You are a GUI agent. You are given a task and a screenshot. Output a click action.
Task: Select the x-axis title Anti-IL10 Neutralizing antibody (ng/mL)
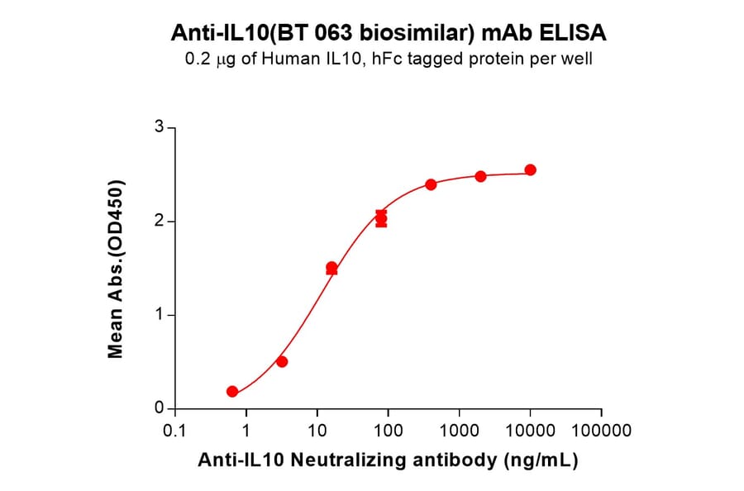[388, 460]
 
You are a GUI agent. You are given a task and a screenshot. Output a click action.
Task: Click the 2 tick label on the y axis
[160, 222]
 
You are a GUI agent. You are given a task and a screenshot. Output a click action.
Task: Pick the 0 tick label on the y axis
[160, 408]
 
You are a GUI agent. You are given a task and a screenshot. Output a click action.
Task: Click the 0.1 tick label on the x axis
[174, 431]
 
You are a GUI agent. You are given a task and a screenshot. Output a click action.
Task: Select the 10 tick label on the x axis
[317, 431]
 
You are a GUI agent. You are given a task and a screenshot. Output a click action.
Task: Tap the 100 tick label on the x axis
[388, 431]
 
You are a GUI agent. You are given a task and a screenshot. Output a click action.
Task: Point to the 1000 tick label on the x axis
[459, 431]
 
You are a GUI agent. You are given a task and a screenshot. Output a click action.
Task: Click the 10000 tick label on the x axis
[530, 431]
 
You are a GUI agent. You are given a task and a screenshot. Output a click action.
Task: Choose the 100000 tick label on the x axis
[601, 431]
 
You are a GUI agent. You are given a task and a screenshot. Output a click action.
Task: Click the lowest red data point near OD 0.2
[232, 392]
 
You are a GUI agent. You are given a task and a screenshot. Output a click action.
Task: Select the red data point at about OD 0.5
[282, 362]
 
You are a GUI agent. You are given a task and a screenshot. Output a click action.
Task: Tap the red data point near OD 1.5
[331, 268]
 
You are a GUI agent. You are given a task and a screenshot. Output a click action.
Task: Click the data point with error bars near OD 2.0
[381, 219]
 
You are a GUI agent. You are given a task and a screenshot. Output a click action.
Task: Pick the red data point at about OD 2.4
[431, 184]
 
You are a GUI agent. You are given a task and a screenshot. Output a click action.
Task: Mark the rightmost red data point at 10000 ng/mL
[531, 170]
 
